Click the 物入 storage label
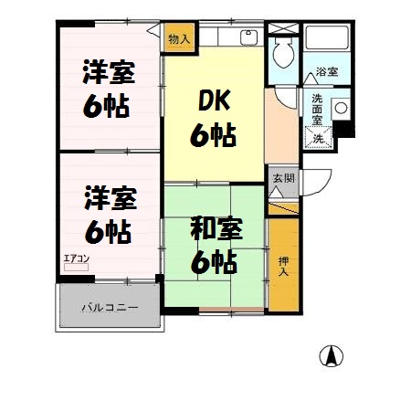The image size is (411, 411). pos(180,39)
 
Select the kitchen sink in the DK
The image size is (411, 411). pos(247,38)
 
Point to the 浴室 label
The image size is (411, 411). pos(326,71)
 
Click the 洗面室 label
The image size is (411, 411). pos(316,109)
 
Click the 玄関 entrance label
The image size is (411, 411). pos(282,178)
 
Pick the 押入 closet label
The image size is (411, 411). pos(283,266)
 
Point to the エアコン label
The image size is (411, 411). pos(76,258)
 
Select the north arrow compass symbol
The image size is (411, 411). pos(332,358)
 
